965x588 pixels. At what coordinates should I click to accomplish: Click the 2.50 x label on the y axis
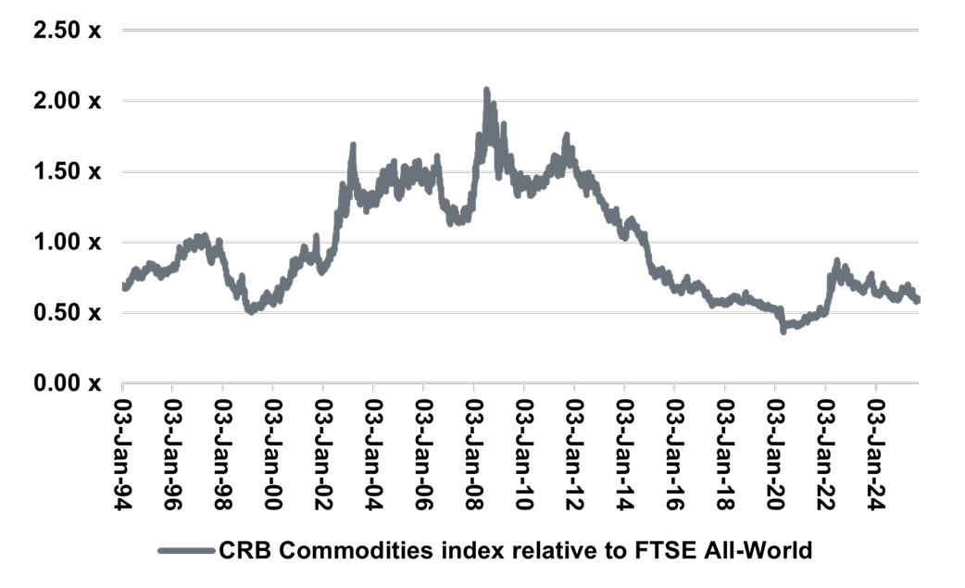pyautogui.click(x=68, y=31)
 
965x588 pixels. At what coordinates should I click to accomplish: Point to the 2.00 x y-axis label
pyautogui.click(x=68, y=101)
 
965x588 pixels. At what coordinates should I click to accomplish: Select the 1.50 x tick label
pyautogui.click(x=68, y=171)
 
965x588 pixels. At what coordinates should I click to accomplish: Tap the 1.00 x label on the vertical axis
pyautogui.click(x=68, y=242)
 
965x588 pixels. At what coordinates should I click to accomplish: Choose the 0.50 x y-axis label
pyautogui.click(x=68, y=312)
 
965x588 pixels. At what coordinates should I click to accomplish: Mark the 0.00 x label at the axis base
pyautogui.click(x=68, y=382)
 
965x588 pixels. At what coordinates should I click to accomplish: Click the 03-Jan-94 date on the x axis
pyautogui.click(x=123, y=446)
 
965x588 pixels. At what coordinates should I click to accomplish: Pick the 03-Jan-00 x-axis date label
pyautogui.click(x=273, y=446)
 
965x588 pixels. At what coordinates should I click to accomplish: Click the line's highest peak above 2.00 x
pyautogui.click(x=486, y=91)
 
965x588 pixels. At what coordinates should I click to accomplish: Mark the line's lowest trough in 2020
pyautogui.click(x=783, y=330)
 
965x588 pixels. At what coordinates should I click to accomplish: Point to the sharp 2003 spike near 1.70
pyautogui.click(x=353, y=146)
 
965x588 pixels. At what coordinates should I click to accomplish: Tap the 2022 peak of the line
pyautogui.click(x=837, y=262)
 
